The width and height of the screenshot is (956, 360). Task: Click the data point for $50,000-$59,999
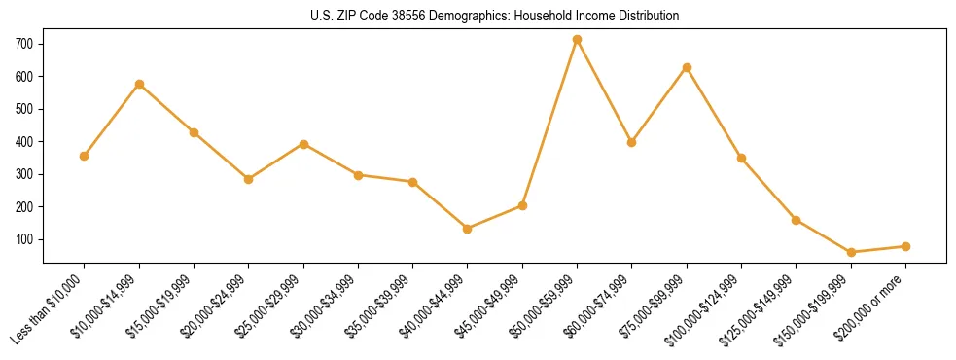pos(577,40)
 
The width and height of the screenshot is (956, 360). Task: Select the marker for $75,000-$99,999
pos(687,67)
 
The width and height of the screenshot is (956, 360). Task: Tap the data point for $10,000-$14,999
pos(139,84)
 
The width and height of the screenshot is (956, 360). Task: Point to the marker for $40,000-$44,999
pos(468,229)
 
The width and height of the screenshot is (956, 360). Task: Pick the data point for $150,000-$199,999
pos(851,252)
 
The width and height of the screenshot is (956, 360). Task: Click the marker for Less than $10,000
pos(85,156)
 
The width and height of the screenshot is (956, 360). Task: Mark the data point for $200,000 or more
pos(905,246)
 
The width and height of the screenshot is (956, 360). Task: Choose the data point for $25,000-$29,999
pos(303,144)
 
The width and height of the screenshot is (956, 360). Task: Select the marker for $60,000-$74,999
pos(632,142)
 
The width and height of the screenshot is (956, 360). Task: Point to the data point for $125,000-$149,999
pos(797,220)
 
